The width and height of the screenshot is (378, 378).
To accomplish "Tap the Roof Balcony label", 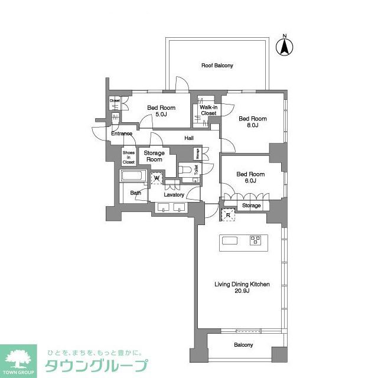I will tap(217, 65).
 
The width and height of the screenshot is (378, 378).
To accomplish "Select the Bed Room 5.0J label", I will tap(161, 111).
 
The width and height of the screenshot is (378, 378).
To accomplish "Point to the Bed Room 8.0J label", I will tap(249, 122).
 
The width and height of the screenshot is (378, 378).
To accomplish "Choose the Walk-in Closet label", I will tap(208, 110).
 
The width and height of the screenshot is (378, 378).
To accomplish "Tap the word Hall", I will tap(189, 138).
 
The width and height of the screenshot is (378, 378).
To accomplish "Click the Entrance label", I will tap(122, 133).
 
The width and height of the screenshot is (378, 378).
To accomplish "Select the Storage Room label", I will tap(154, 157).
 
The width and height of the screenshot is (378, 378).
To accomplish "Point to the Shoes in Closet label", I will tap(128, 157).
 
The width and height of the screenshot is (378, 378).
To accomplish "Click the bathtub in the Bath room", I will tap(133, 177).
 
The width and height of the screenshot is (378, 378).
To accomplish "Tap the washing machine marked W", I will tap(157, 177).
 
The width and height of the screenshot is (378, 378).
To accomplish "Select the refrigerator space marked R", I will tap(228, 215).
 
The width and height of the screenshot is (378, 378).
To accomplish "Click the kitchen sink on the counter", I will tap(229, 240).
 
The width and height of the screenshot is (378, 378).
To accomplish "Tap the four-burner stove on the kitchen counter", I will tap(256, 240).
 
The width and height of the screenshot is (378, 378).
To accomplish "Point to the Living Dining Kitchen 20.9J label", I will tap(242, 288).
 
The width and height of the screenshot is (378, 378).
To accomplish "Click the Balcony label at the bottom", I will tap(243, 345).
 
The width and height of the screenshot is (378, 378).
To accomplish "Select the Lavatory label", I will tap(174, 195).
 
